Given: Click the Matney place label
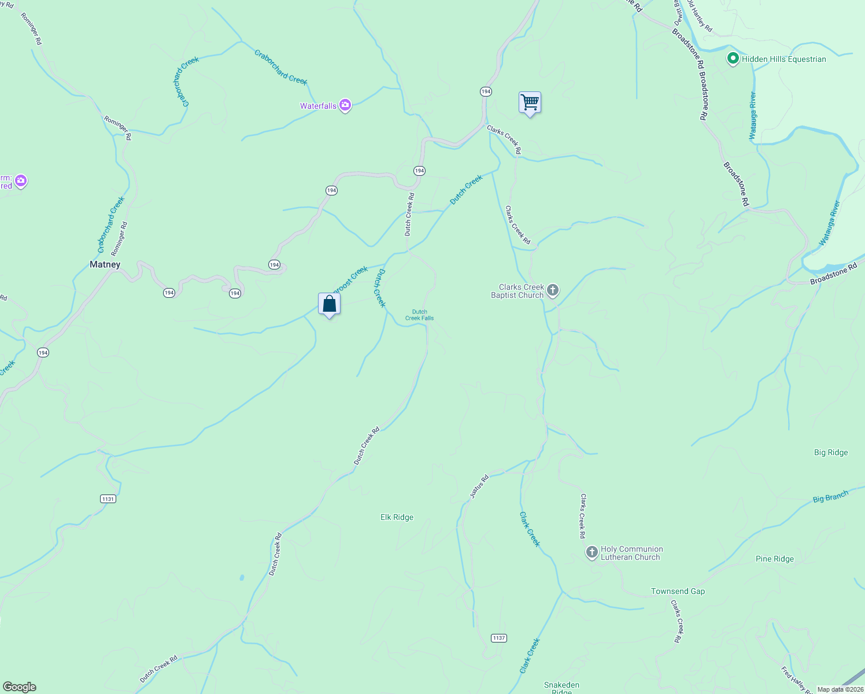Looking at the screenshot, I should [105, 265].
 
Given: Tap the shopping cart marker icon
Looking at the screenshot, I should [530, 103].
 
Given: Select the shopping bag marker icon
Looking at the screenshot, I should [329, 304].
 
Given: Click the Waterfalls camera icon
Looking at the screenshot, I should [345, 105].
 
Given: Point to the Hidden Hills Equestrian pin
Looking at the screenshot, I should [733, 58].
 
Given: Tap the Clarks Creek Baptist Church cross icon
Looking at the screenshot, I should [553, 290].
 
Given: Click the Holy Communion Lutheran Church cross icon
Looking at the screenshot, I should [592, 552].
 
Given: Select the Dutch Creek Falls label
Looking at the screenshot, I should [419, 315].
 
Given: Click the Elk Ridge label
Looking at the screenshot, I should [397, 518].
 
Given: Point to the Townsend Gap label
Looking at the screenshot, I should [678, 592].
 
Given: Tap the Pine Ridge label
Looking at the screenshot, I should [774, 559].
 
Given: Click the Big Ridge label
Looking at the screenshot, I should [830, 453].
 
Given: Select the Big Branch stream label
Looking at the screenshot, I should [830, 497].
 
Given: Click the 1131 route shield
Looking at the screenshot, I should [108, 499].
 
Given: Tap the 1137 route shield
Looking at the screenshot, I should [498, 638].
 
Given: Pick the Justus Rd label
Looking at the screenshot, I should [479, 486].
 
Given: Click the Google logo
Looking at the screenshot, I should [20, 687].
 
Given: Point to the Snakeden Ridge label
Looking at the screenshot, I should [561, 688].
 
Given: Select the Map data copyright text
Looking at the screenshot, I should [840, 689].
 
